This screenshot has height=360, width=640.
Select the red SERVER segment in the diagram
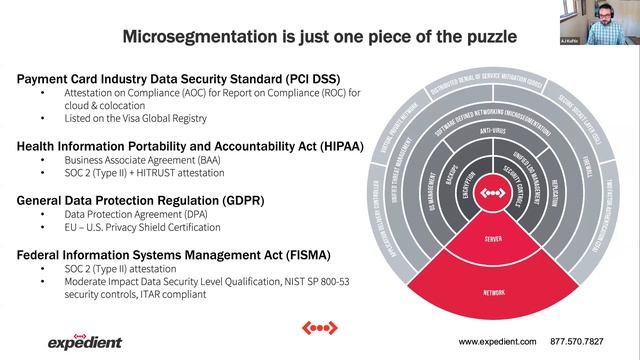[x=491, y=241]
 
